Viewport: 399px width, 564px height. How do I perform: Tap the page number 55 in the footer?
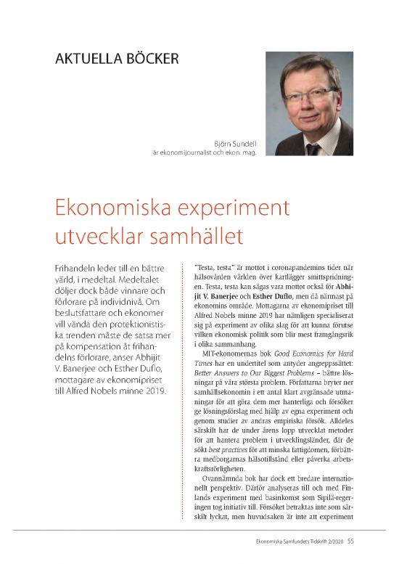pos(350,539)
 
